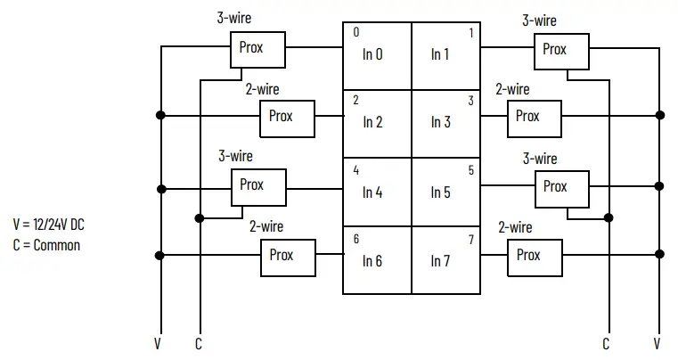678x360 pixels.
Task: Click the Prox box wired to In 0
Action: tap(258, 49)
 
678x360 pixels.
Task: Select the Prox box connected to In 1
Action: tap(561, 51)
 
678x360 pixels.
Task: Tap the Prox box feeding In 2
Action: tap(287, 118)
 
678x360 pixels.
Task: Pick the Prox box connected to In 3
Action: tap(535, 117)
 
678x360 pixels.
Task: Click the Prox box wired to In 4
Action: tap(259, 186)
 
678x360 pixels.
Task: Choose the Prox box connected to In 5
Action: tap(562, 187)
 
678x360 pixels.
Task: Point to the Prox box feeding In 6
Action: tap(288, 256)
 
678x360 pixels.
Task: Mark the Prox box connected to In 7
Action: tap(535, 256)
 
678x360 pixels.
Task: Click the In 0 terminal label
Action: tap(372, 54)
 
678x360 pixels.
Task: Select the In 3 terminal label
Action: tap(440, 123)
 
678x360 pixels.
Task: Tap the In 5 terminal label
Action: tap(440, 192)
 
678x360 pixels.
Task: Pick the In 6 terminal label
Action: tap(372, 261)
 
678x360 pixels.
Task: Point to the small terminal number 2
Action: tap(355, 100)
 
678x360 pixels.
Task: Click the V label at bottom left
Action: tap(159, 343)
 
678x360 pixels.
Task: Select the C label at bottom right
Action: tap(606, 343)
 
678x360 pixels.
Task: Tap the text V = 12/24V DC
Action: tap(49, 225)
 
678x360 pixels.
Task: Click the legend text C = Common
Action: tap(46, 244)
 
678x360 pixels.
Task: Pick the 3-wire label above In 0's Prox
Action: tap(234, 17)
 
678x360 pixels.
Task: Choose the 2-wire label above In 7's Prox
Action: tap(515, 227)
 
